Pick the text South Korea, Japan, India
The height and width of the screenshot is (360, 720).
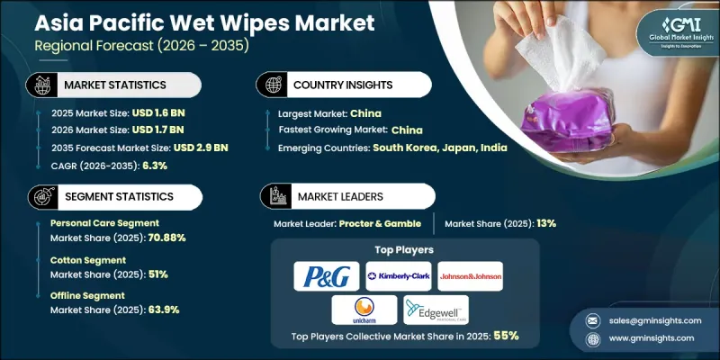click(458, 147)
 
